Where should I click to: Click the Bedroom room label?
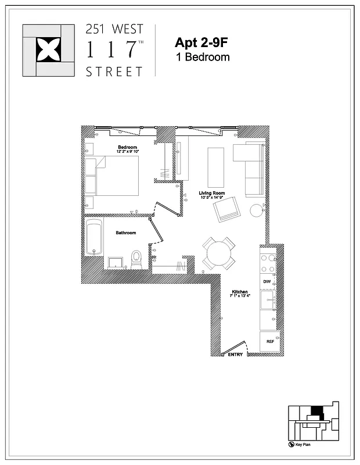[127, 147]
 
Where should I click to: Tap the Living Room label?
[211, 193]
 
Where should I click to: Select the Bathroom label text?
[125, 233]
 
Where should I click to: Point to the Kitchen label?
[240, 291]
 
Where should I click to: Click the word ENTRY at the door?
[235, 355]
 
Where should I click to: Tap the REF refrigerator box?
[270, 341]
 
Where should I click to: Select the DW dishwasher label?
[267, 282]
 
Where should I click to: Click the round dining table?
[219, 253]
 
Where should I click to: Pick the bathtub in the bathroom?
[94, 237]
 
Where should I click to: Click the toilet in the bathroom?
[137, 259]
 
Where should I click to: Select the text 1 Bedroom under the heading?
[203, 57]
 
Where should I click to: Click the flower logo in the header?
[48, 50]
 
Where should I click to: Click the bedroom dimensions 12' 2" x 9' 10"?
[127, 152]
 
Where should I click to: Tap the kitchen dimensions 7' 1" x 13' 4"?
[240, 296]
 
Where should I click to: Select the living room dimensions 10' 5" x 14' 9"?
[211, 198]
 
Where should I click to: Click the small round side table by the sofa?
[257, 210]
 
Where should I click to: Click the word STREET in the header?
[114, 72]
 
